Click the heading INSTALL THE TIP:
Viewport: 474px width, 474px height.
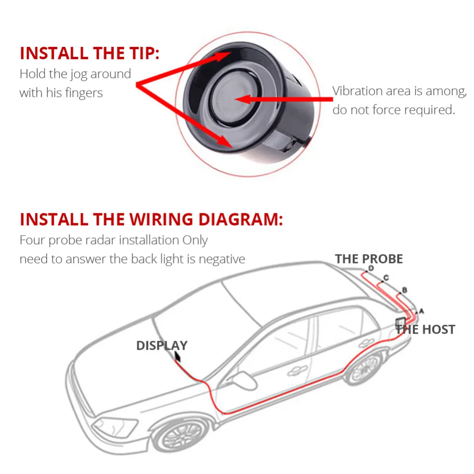[90, 53]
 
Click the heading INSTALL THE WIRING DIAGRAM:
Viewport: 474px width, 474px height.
[151, 219]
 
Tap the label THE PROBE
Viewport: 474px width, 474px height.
[369, 259]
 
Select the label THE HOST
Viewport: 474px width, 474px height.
[425, 329]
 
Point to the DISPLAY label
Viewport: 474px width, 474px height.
[162, 346]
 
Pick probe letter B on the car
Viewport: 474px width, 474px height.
[404, 289]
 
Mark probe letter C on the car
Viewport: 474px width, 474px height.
[386, 277]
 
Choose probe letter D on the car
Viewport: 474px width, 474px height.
[371, 268]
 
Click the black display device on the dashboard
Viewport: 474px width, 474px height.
[178, 356]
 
